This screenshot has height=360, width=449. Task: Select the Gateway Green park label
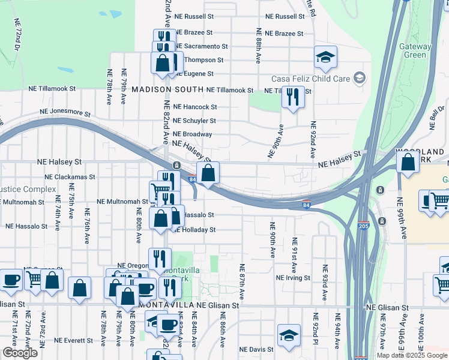tap(415, 50)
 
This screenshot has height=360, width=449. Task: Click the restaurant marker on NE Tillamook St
tap(292, 97)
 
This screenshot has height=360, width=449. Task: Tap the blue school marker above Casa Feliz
tap(325, 58)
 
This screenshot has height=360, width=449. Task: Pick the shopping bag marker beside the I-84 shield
tap(208, 173)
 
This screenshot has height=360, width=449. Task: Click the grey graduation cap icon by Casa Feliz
tap(359, 77)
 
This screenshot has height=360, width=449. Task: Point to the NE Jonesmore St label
tap(65, 112)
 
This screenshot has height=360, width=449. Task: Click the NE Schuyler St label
tap(194, 121)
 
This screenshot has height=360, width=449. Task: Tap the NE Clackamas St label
tap(70, 177)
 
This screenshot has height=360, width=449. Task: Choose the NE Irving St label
tap(293, 278)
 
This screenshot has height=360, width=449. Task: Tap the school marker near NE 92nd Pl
tap(289, 335)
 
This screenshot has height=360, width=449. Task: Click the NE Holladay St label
tap(195, 230)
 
